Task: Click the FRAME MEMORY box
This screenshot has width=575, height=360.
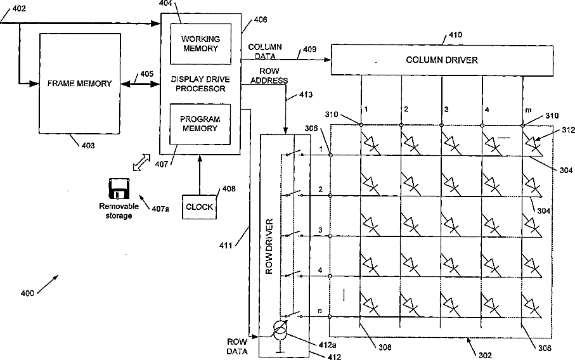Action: pyautogui.click(x=80, y=83)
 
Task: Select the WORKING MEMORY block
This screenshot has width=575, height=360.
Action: pyautogui.click(x=200, y=44)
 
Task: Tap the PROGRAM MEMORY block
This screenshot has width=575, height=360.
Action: pyautogui.click(x=200, y=124)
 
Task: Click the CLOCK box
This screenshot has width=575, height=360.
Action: pyautogui.click(x=199, y=207)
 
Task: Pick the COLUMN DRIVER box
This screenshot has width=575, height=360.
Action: pyautogui.click(x=442, y=60)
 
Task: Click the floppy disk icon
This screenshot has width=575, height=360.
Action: pyautogui.click(x=119, y=189)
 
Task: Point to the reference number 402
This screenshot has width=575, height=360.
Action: pyautogui.click(x=19, y=8)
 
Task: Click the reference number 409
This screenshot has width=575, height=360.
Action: pyautogui.click(x=309, y=49)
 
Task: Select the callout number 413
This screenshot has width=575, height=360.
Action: pyautogui.click(x=306, y=95)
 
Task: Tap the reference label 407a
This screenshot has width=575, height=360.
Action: pyautogui.click(x=160, y=209)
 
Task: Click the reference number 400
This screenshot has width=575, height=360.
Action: pyautogui.click(x=27, y=293)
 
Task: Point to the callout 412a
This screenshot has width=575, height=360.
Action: pyautogui.click(x=328, y=345)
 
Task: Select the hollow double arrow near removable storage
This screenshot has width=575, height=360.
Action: pyautogui.click(x=141, y=162)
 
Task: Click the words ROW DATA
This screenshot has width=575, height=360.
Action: pyautogui.click(x=237, y=347)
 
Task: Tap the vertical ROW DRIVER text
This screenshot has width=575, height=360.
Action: pyautogui.click(x=269, y=247)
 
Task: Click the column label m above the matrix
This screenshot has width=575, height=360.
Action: pyautogui.click(x=528, y=110)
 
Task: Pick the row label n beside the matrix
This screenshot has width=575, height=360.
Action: pyautogui.click(x=320, y=311)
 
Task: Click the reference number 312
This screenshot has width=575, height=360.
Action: pyautogui.click(x=568, y=130)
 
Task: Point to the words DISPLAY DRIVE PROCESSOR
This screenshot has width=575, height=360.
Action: pyautogui.click(x=200, y=84)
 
